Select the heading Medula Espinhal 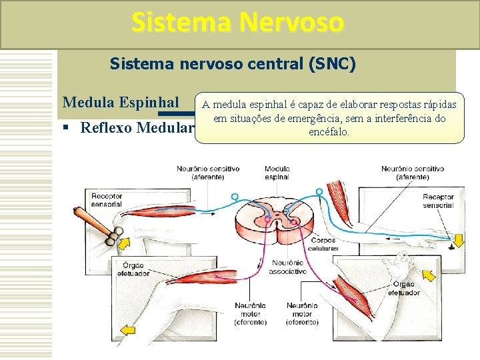point(120,103)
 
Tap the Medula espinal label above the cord point(276,173)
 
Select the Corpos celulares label point(323,245)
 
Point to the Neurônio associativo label point(287,267)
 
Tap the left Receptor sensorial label point(107,201)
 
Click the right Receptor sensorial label point(437,201)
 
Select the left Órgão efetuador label point(133,269)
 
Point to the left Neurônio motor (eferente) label point(249,314)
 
